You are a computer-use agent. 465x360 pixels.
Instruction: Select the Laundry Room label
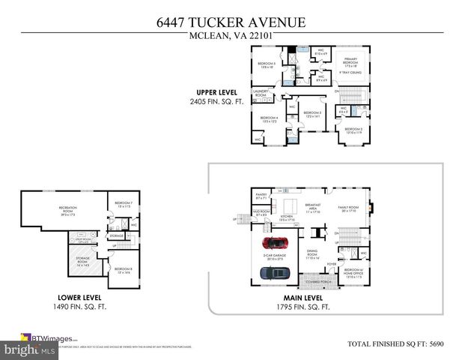[260, 94]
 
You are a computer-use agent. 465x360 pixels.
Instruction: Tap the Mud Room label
[261, 213]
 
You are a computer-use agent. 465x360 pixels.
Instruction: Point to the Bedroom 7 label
[122, 205]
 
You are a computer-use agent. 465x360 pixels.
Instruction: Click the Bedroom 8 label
[122, 271]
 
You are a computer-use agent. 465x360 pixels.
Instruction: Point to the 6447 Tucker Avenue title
[231, 22]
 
